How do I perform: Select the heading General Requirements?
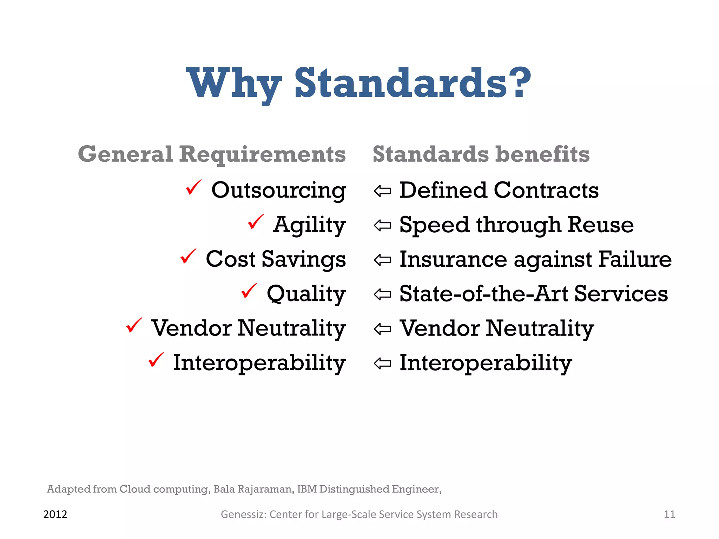pyautogui.click(x=212, y=154)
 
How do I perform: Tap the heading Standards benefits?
pyautogui.click(x=481, y=154)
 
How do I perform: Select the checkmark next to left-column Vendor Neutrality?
pyautogui.click(x=134, y=325)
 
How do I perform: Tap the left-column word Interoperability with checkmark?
pyautogui.click(x=259, y=362)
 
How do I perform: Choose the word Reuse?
pyautogui.click(x=601, y=225)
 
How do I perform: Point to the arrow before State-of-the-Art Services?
pyautogui.click(x=382, y=294)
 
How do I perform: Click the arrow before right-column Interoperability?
pyautogui.click(x=382, y=364)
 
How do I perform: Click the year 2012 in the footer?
pyautogui.click(x=55, y=514)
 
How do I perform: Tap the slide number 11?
pyautogui.click(x=669, y=514)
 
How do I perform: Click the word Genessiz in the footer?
pyautogui.click(x=243, y=514)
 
